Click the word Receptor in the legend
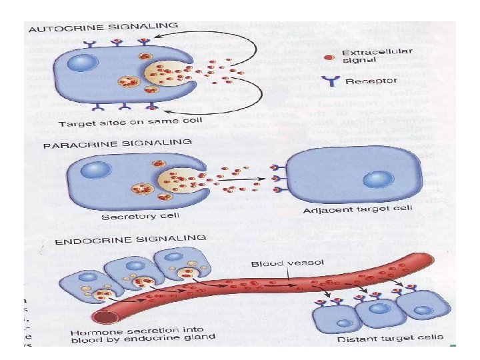pyautogui.click(x=371, y=82)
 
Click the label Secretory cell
pyautogui.click(x=130, y=216)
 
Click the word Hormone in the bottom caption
pyautogui.click(x=91, y=331)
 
